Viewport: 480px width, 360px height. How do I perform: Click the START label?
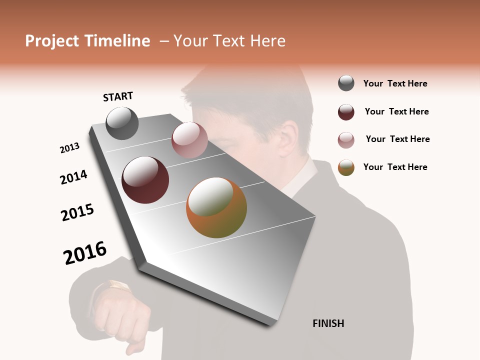coord(118,96)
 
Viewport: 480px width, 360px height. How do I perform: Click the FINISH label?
coord(328,323)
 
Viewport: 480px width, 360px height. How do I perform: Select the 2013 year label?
coord(69,148)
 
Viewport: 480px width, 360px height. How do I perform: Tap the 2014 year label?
coord(73,177)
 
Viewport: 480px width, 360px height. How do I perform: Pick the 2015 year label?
coord(77,212)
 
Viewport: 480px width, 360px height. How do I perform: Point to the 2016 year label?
coord(85,253)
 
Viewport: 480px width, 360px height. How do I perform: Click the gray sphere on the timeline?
coord(122,123)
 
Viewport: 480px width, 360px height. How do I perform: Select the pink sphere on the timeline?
coord(189,139)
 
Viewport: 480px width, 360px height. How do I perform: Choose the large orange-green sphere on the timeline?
coord(216,207)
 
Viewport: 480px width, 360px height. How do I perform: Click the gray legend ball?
coord(346,83)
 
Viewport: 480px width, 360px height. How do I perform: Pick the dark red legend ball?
coord(346,112)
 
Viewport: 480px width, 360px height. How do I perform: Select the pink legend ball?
coord(346,140)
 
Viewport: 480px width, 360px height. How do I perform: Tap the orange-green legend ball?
coord(346,167)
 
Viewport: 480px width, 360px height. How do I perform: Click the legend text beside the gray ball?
coord(395,83)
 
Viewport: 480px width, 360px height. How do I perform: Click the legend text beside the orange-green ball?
coord(395,167)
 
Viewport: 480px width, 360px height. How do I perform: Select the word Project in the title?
coord(52,41)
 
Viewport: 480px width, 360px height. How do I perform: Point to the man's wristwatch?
coord(118,286)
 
